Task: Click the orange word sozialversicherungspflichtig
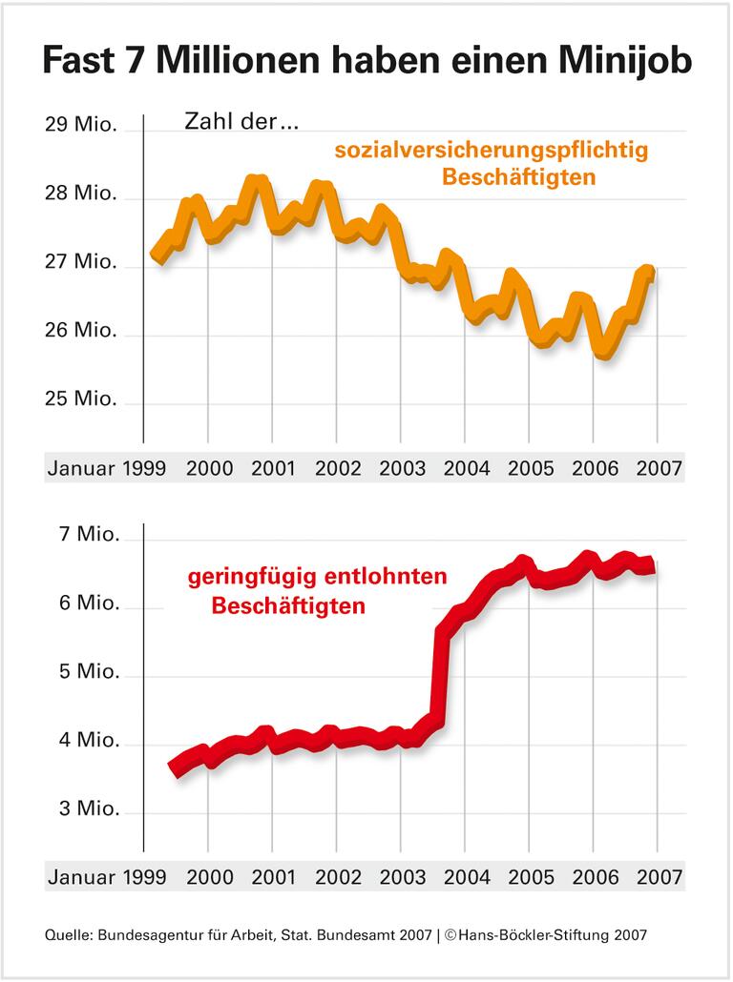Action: click(x=491, y=151)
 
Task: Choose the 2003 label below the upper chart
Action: click(x=401, y=469)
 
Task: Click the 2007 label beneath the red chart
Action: click(x=659, y=876)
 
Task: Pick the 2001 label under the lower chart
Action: click(x=273, y=876)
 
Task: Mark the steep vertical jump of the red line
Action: click(x=441, y=672)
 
